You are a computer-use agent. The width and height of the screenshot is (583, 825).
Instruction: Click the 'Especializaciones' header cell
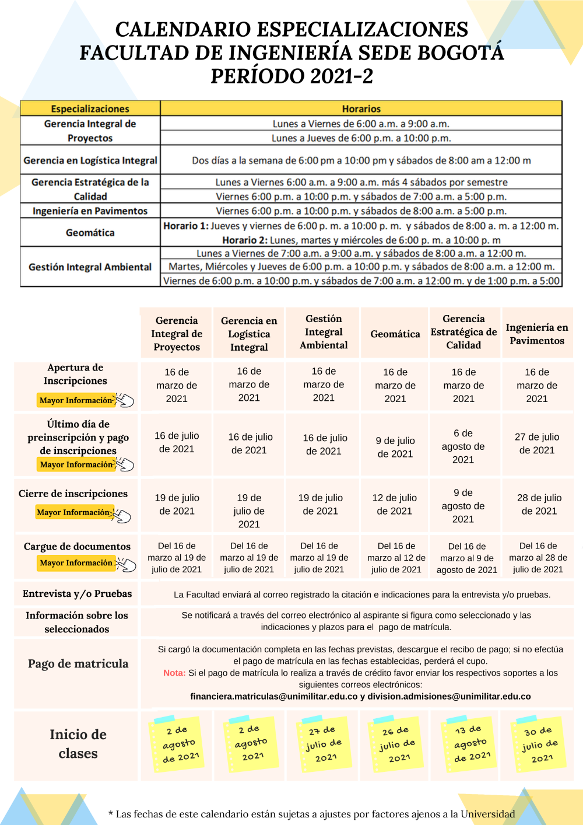pyautogui.click(x=90, y=109)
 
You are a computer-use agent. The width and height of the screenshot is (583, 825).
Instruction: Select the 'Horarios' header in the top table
pyautogui.click(x=361, y=109)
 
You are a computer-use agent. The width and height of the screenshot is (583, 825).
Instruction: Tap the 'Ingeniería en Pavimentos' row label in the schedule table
pyautogui.click(x=90, y=211)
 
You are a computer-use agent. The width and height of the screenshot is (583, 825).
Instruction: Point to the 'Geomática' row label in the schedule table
pyautogui.click(x=90, y=233)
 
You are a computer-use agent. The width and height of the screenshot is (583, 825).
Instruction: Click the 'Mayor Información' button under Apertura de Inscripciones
pyautogui.click(x=76, y=400)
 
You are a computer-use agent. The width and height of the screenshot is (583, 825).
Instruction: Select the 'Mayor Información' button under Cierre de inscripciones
pyautogui.click(x=73, y=512)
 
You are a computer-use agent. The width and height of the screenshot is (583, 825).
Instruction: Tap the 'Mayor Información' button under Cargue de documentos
pyautogui.click(x=76, y=562)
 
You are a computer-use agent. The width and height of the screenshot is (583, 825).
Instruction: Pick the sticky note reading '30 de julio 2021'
pyautogui.click(x=539, y=744)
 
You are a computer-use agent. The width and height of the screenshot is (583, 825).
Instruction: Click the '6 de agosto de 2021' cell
pyautogui.click(x=463, y=446)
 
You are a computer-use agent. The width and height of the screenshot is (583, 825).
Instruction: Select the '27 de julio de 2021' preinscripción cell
pyautogui.click(x=537, y=443)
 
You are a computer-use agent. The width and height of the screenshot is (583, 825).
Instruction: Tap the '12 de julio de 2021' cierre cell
pyautogui.click(x=395, y=504)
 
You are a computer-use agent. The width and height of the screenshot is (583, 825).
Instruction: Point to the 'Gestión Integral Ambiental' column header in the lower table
pyautogui.click(x=324, y=332)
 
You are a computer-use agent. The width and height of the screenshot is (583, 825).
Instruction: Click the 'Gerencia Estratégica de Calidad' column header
pyautogui.click(x=463, y=332)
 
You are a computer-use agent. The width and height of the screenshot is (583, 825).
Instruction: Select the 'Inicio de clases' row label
pyautogui.click(x=78, y=743)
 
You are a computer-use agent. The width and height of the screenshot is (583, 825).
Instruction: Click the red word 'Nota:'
pyautogui.click(x=174, y=673)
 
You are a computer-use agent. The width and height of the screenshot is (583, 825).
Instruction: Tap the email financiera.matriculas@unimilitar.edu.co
pyautogui.click(x=274, y=696)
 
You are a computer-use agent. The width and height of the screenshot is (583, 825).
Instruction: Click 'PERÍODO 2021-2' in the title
pyautogui.click(x=291, y=76)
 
